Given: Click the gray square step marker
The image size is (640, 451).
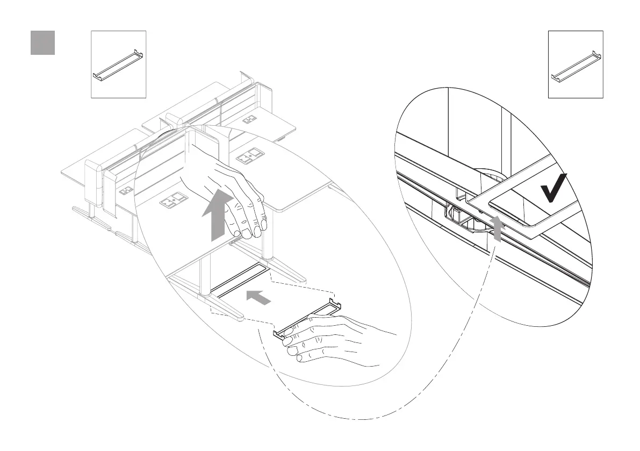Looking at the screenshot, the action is click(x=42, y=42).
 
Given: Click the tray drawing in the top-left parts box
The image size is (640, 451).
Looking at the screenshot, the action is click(x=118, y=65).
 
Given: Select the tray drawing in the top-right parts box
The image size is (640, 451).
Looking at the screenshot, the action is click(x=576, y=65).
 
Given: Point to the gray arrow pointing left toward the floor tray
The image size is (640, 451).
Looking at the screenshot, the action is click(x=257, y=297).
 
